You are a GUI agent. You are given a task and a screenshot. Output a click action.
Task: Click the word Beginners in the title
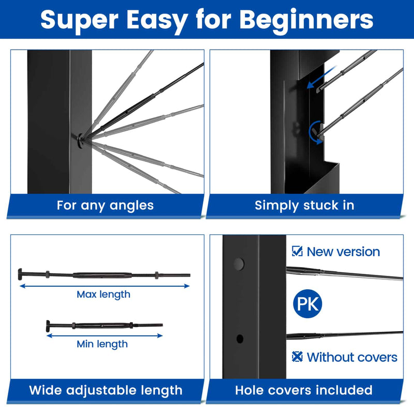pyautogui.click(x=307, y=20)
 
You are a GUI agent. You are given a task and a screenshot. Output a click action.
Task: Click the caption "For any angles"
pyautogui.click(x=105, y=205)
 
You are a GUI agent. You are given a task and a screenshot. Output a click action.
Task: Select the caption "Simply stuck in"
pyautogui.click(x=304, y=205)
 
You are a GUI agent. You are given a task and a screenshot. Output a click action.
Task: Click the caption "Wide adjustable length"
pyautogui.click(x=106, y=390)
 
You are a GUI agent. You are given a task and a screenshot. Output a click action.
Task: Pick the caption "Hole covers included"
pyautogui.click(x=304, y=390)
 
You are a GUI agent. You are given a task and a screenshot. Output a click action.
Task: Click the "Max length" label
pyautogui.click(x=103, y=294)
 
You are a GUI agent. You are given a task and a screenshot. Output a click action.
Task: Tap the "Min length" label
pyautogui.click(x=102, y=344)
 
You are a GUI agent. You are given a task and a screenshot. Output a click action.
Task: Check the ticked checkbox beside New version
pyautogui.click(x=297, y=252)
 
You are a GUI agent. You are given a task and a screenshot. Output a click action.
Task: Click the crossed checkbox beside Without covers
pyautogui.click(x=297, y=357)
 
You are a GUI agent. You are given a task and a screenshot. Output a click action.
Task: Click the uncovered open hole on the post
pyautogui.click(x=239, y=339)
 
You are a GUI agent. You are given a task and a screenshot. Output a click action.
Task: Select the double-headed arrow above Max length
pyautogui.click(x=105, y=285)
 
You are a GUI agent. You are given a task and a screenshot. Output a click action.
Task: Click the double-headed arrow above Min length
pyautogui.click(x=105, y=335)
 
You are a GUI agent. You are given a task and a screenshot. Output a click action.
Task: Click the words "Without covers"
pyautogui.click(x=352, y=357)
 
